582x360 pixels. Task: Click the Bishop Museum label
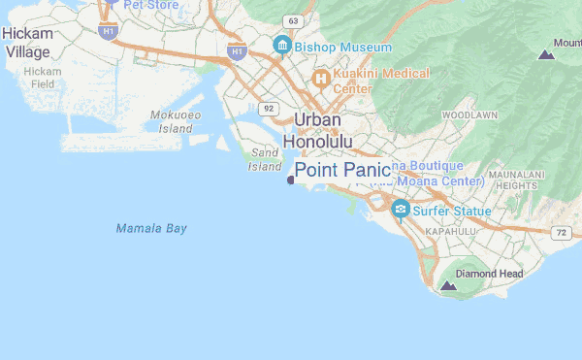[x=344, y=47]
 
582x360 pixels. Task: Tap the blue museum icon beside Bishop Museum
[x=282, y=46]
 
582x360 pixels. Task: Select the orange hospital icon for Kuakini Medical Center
[x=319, y=78]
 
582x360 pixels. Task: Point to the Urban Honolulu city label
[x=317, y=130]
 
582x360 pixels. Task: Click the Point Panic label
[x=342, y=171]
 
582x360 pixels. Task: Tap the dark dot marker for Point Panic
[x=290, y=180]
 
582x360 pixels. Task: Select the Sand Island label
[x=265, y=159]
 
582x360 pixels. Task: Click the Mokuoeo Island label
[x=176, y=121]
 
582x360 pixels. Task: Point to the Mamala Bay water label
[x=151, y=229]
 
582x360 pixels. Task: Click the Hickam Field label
[x=42, y=78]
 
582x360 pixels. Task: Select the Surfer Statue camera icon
[x=400, y=209]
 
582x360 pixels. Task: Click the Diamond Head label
[x=489, y=274]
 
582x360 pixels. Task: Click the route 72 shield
[x=561, y=233]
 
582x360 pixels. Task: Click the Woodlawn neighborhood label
[x=469, y=115]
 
